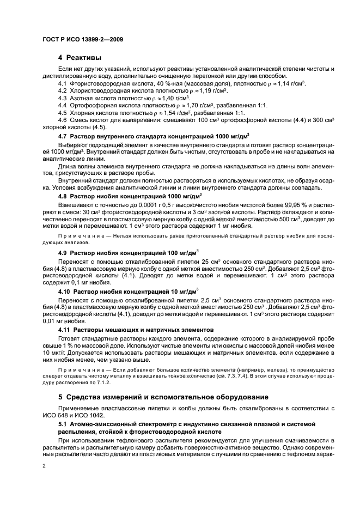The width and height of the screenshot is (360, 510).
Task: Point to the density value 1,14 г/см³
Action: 288,83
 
